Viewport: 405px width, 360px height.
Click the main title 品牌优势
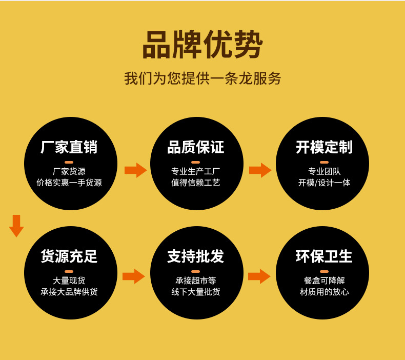pyautogui.click(x=202, y=45)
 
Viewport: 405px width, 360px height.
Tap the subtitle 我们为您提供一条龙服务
pyautogui.click(x=202, y=78)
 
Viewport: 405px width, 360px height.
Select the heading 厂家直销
pyautogui.click(x=69, y=148)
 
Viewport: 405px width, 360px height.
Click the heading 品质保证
pyautogui.click(x=196, y=148)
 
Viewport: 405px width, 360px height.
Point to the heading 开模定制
pyautogui.click(x=324, y=148)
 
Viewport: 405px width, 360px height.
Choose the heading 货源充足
pyautogui.click(x=69, y=256)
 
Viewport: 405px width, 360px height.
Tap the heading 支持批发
pyautogui.click(x=196, y=256)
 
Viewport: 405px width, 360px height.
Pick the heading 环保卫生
pyautogui.click(x=324, y=256)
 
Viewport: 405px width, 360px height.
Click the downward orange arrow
pyautogui.click(x=16, y=226)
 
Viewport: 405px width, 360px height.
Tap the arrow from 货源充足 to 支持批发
pyautogui.click(x=134, y=276)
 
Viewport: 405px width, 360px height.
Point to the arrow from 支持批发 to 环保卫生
pyautogui.click(x=259, y=276)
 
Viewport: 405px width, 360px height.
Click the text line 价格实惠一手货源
pyautogui.click(x=69, y=183)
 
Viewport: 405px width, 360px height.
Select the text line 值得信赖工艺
pyautogui.click(x=196, y=183)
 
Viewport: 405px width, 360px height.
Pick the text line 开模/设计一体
pyautogui.click(x=324, y=183)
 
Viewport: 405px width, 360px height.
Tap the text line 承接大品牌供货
pyautogui.click(x=69, y=292)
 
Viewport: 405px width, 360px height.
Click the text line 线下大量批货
pyautogui.click(x=196, y=292)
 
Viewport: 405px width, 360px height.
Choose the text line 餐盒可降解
pyautogui.click(x=324, y=281)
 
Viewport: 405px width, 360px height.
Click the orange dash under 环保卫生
pyautogui.click(x=324, y=271)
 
